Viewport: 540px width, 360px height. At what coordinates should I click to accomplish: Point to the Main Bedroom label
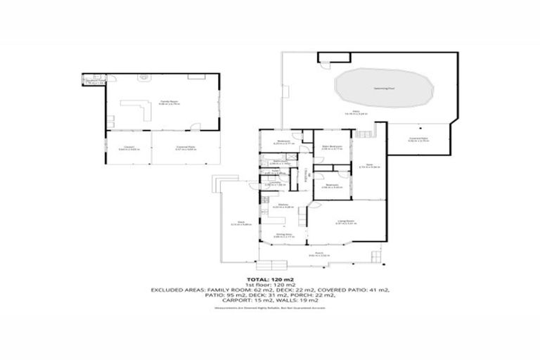click(x=332, y=146)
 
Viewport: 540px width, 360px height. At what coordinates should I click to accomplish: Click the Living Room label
click(x=345, y=221)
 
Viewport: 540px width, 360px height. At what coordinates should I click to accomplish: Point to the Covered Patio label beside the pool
click(x=420, y=139)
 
